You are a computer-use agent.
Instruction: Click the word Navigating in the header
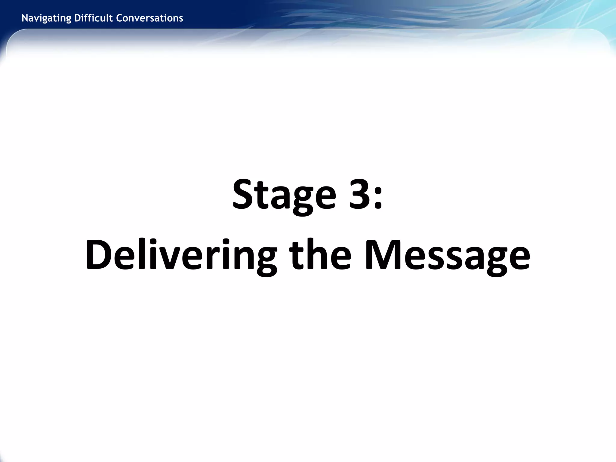(47, 18)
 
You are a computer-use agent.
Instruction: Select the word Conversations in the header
(149, 18)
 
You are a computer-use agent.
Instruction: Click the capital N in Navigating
(25, 18)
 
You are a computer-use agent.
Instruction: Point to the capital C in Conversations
(119, 18)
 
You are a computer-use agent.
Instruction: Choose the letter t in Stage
(261, 196)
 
